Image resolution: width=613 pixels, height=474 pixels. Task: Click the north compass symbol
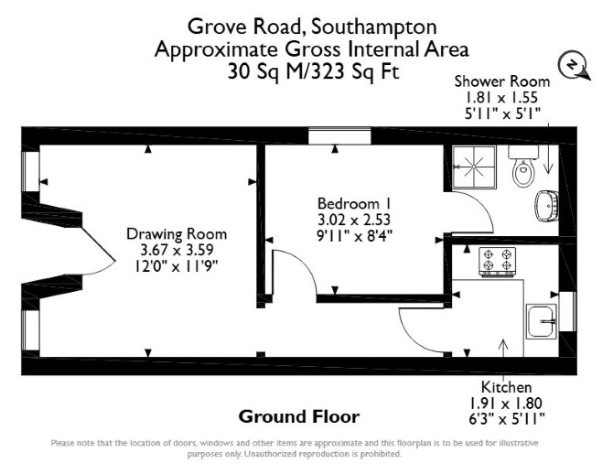[x=573, y=66]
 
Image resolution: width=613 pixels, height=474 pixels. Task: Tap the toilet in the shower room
[x=523, y=166]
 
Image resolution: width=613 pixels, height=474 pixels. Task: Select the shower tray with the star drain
[x=474, y=167]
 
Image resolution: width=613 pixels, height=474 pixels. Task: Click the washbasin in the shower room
[x=546, y=205]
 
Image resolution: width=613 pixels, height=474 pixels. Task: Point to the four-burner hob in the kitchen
[x=498, y=261]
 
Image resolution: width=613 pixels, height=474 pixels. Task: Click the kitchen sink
[x=541, y=321]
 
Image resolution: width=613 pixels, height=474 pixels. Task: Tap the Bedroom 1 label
[x=354, y=204]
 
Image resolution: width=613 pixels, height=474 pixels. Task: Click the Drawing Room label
[x=177, y=234]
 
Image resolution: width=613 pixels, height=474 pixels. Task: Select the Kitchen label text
[x=506, y=387]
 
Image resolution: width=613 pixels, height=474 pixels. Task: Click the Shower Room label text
[x=502, y=81]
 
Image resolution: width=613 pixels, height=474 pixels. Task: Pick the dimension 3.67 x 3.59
[x=177, y=250]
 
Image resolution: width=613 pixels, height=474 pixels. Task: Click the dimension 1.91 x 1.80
[x=506, y=403]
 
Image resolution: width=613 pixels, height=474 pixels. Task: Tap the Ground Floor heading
[x=299, y=416]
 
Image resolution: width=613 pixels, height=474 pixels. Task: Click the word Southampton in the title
[x=374, y=27]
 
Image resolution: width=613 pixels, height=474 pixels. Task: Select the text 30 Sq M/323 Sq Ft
[x=314, y=72]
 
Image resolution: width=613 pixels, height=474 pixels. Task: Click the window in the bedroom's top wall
[x=339, y=135]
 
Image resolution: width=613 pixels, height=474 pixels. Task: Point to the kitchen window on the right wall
[x=567, y=312]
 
